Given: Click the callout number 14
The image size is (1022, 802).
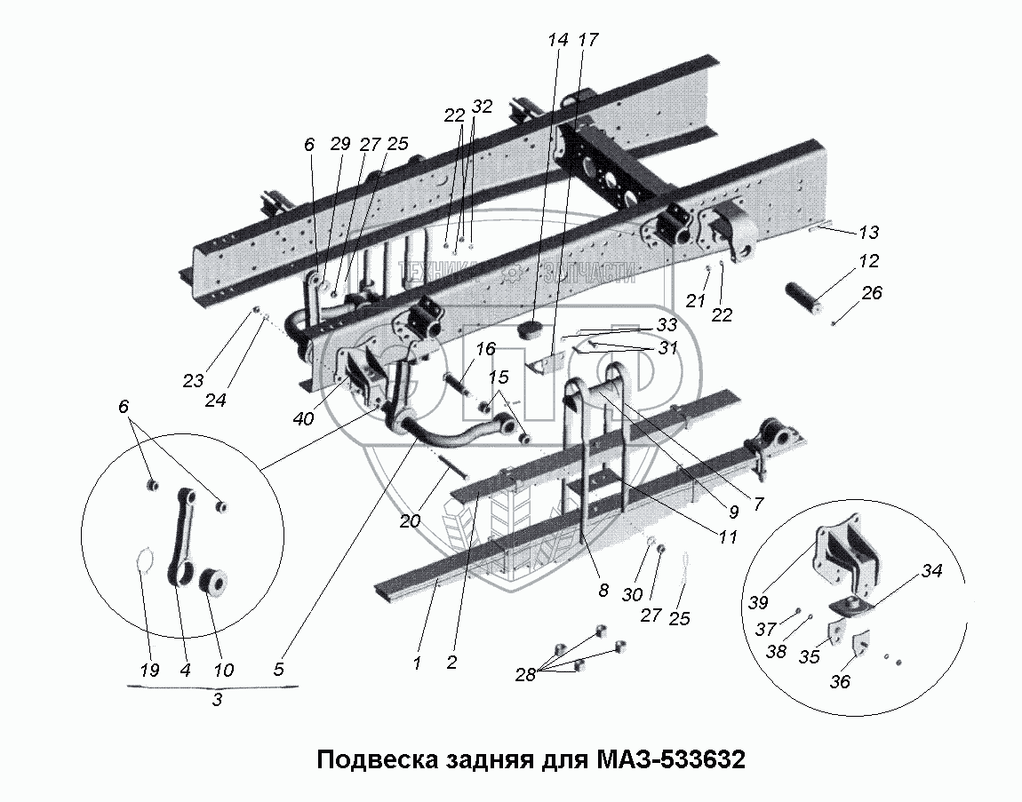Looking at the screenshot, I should point(558,40).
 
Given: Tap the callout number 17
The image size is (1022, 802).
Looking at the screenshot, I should point(588,40).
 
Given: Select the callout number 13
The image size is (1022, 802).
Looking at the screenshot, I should point(868,233).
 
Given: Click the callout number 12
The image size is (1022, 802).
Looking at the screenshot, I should point(868,261).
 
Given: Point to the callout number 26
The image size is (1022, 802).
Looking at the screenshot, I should point(872,292).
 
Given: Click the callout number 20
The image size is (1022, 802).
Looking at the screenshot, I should point(410,521).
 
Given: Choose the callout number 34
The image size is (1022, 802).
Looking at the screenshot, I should point(931,571).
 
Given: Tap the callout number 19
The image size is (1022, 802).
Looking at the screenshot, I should point(148,670).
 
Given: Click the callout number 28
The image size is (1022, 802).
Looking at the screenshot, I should point(525,674).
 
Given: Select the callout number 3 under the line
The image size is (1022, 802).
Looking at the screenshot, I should point(217,701).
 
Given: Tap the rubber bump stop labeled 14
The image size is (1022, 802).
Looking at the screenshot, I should point(531,330).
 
